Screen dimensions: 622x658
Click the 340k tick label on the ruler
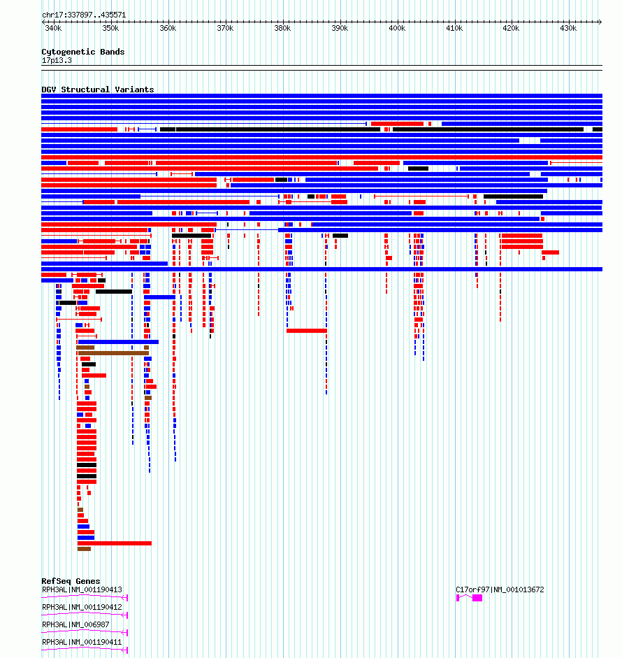click(x=53, y=28)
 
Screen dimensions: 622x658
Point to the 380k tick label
click(x=282, y=28)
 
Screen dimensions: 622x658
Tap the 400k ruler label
click(x=397, y=28)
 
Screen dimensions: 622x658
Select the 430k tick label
click(x=568, y=28)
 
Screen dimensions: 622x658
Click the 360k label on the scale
click(x=168, y=28)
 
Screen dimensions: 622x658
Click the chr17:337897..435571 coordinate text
click(x=84, y=15)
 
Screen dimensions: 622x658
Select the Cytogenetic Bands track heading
click(x=83, y=52)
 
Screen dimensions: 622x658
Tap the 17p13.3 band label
click(x=57, y=60)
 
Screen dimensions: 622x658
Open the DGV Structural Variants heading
click(x=98, y=90)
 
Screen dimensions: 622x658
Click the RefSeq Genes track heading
click(x=71, y=581)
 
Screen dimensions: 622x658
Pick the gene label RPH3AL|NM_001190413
click(x=82, y=589)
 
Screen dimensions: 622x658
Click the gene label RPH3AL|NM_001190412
click(x=82, y=607)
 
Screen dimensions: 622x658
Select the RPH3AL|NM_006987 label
click(x=76, y=625)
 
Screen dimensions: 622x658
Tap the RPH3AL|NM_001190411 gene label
click(x=82, y=642)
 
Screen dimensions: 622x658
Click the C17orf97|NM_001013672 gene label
click(x=500, y=589)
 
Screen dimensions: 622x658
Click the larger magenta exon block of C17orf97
click(x=477, y=598)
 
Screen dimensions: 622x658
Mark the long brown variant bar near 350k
click(x=113, y=353)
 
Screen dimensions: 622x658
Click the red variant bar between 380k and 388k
click(x=307, y=331)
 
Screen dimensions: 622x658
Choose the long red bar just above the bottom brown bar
click(x=115, y=543)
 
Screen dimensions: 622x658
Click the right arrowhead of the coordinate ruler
click(x=600, y=22)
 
